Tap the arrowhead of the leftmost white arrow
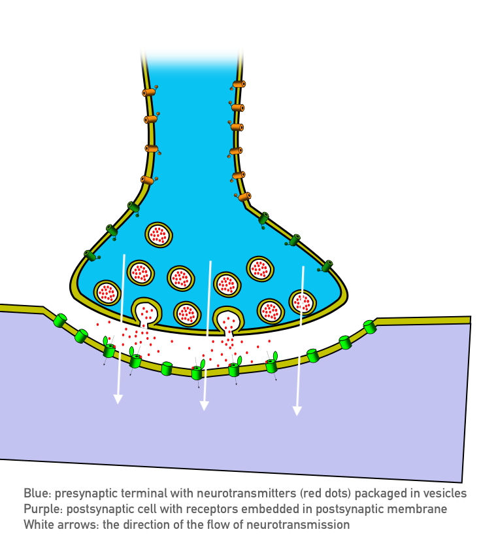(x=118, y=399)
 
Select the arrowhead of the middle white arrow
(x=204, y=405)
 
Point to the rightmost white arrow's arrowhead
(x=297, y=410)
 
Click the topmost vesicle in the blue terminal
(x=159, y=234)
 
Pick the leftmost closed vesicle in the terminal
(x=107, y=292)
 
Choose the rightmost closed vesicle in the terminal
(x=303, y=302)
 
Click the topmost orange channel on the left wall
(x=149, y=92)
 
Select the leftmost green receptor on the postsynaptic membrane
(x=60, y=320)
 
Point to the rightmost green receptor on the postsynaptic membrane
(x=370, y=326)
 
